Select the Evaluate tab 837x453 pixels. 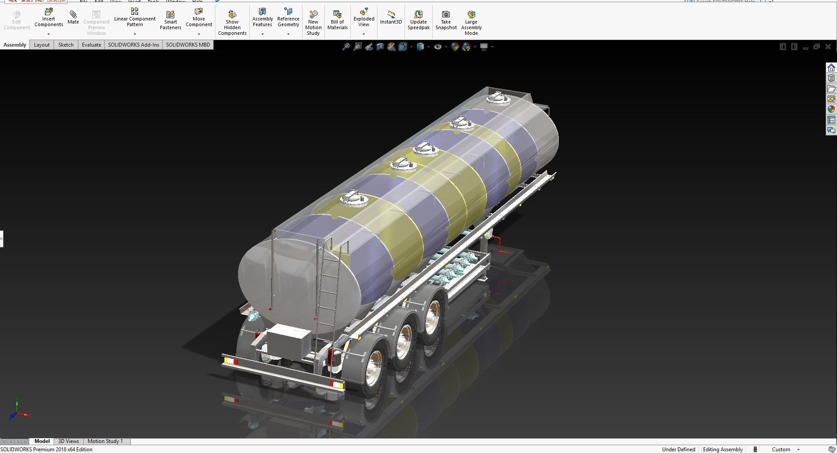tap(91, 45)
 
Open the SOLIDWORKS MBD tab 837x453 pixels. tap(187, 45)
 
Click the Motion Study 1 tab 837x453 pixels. tap(105, 441)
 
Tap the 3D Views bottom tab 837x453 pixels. tap(68, 441)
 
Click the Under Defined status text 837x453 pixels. tap(678, 450)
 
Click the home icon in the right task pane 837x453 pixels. tap(831, 68)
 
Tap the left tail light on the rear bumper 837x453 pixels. tap(230, 361)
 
